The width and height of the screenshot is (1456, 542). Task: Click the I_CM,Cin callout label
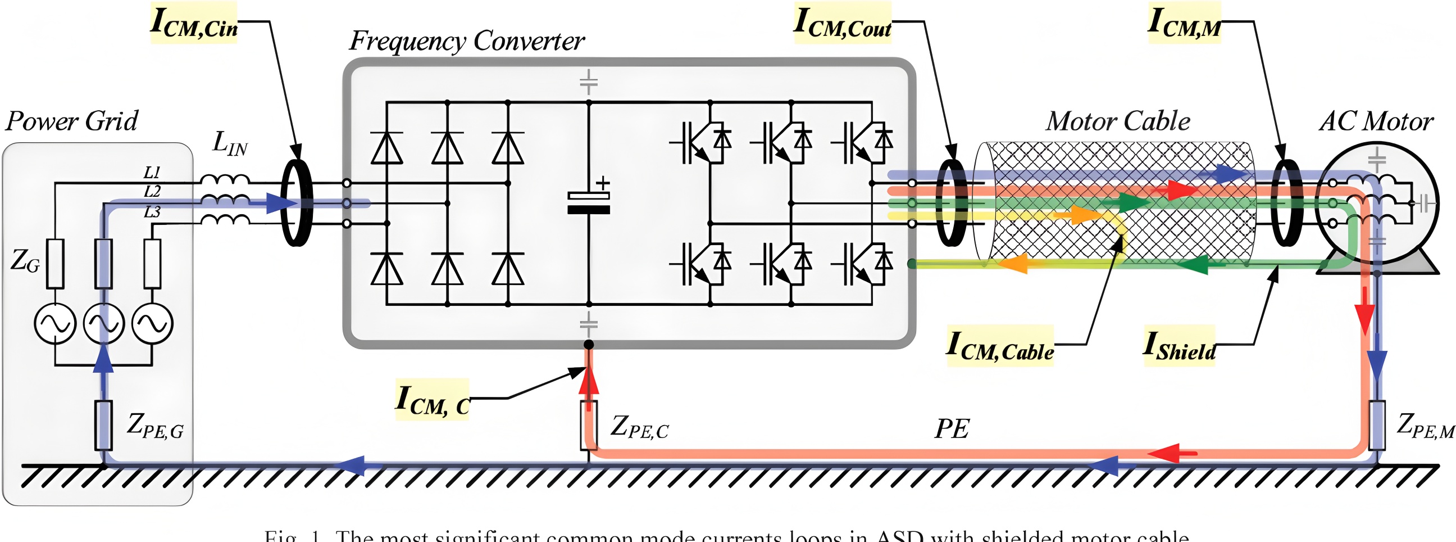pyautogui.click(x=193, y=22)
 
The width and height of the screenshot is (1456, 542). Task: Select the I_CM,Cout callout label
pyautogui.click(x=842, y=22)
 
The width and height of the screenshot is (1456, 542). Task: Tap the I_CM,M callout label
pyautogui.click(x=1184, y=22)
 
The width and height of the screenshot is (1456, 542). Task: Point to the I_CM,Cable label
pyautogui.click(x=1000, y=346)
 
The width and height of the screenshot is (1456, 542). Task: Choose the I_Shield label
pyautogui.click(x=1179, y=346)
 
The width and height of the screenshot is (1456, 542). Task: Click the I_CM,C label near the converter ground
pyautogui.click(x=433, y=399)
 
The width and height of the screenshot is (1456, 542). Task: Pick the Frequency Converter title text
pyautogui.click(x=466, y=40)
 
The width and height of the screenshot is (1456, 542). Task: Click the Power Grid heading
pyautogui.click(x=72, y=121)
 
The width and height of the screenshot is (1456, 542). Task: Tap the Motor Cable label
pyautogui.click(x=1117, y=121)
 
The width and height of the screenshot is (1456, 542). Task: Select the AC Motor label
pyautogui.click(x=1376, y=121)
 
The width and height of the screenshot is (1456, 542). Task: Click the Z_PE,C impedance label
pyautogui.click(x=639, y=427)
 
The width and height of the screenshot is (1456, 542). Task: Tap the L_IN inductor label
pyautogui.click(x=230, y=143)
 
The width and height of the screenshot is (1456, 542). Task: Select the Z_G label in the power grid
pyautogui.click(x=25, y=261)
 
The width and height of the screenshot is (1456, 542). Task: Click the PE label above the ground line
pyautogui.click(x=952, y=429)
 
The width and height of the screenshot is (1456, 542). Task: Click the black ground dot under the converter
pyautogui.click(x=588, y=345)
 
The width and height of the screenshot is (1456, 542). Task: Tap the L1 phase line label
pyautogui.click(x=152, y=172)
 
